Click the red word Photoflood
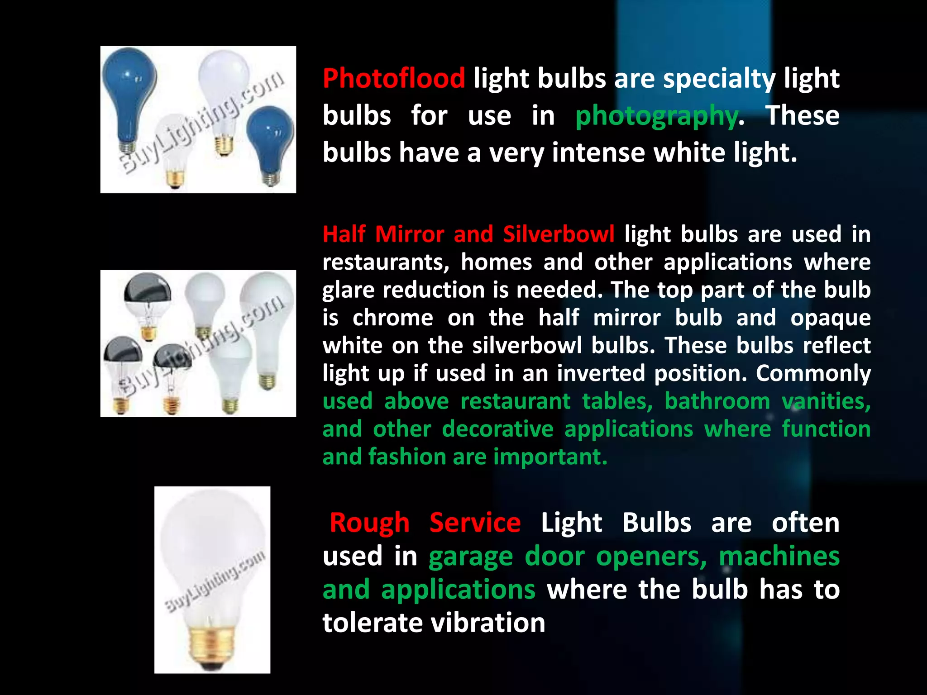click(393, 78)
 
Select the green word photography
click(657, 115)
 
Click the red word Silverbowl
click(559, 234)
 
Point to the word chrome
click(392, 318)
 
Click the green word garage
click(471, 556)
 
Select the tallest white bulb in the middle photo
click(267, 317)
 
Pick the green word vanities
click(826, 401)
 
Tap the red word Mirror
click(409, 234)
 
